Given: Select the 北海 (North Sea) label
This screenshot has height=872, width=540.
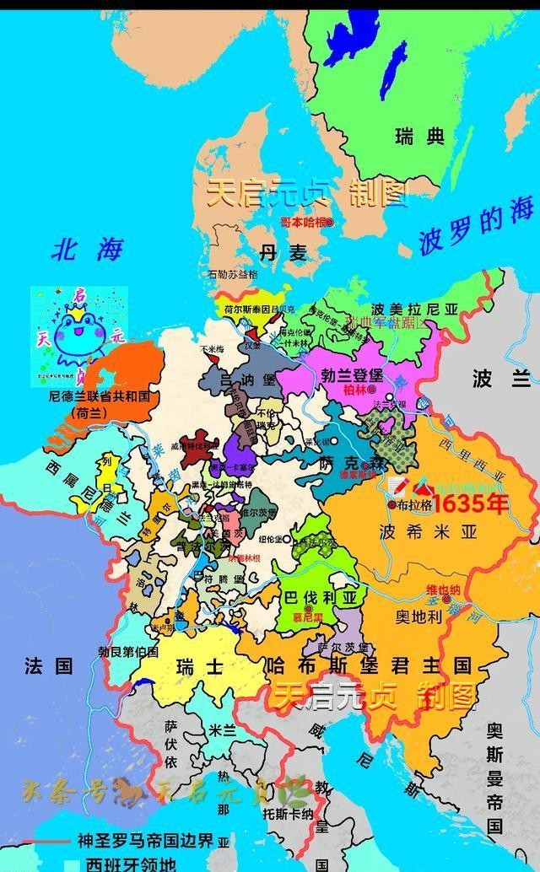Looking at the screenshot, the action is click(x=87, y=249).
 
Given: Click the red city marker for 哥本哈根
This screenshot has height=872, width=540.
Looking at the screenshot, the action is click(x=331, y=222).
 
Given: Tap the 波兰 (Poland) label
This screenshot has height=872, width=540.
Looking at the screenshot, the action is click(x=494, y=379).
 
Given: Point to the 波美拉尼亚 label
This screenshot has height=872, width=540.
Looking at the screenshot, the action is click(x=402, y=310).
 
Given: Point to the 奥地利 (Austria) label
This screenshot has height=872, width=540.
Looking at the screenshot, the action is click(x=418, y=616).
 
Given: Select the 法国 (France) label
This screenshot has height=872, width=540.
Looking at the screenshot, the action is click(x=48, y=666).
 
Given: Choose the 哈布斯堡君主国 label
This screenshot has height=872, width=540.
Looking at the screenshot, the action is click(x=367, y=665).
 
